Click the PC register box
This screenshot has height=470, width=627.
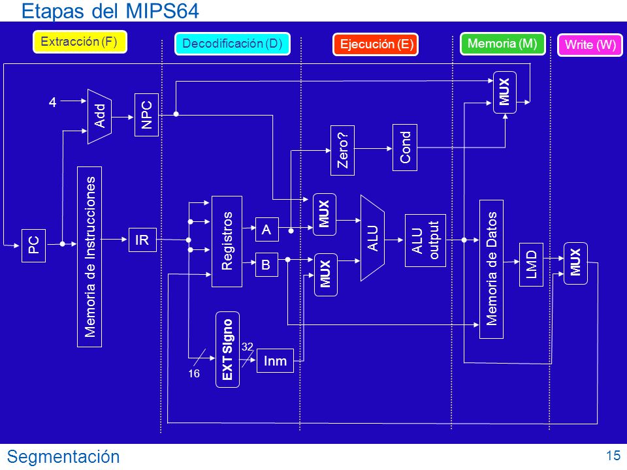33,245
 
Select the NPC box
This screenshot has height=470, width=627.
147,115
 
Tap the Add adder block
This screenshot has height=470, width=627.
99,116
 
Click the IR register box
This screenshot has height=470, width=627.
142,240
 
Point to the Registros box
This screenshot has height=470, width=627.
227,242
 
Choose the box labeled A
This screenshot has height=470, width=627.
266,229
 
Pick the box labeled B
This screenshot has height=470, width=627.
266,264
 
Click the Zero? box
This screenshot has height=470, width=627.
343,150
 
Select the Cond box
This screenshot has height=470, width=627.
405,148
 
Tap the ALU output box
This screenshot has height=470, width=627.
425,240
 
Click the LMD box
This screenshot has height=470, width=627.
531,264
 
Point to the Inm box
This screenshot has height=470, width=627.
275,360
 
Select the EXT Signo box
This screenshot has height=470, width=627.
227,350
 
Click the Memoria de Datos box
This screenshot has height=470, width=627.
491,269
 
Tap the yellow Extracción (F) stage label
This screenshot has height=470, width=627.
80,42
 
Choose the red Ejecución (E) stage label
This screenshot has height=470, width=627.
376,44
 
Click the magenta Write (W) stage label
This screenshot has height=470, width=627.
590,44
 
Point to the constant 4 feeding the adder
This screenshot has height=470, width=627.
52,102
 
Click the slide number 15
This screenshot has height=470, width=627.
613,456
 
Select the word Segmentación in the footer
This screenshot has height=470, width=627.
63,457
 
